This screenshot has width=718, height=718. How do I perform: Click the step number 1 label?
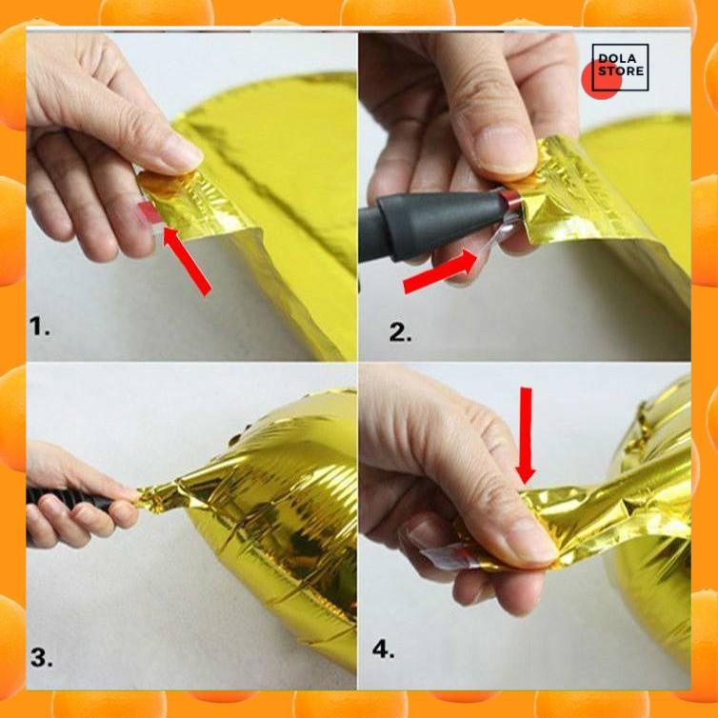click(39, 327)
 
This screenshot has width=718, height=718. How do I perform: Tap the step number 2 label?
click(400, 332)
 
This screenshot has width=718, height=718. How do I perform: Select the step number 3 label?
click(41, 658)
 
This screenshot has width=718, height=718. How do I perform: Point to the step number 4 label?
click(383, 648)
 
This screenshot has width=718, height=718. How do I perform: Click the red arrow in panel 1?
click(187, 261)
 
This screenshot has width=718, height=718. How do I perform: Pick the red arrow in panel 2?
click(441, 272)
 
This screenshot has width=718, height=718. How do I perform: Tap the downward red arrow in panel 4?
click(526, 435)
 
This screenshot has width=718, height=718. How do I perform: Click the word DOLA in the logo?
click(617, 59)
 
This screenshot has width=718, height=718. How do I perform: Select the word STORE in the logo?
click(621, 71)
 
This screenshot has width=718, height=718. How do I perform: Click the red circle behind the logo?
click(601, 81)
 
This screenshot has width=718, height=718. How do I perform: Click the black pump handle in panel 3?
click(69, 499)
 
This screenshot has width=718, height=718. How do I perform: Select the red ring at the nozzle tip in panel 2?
click(509, 201)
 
